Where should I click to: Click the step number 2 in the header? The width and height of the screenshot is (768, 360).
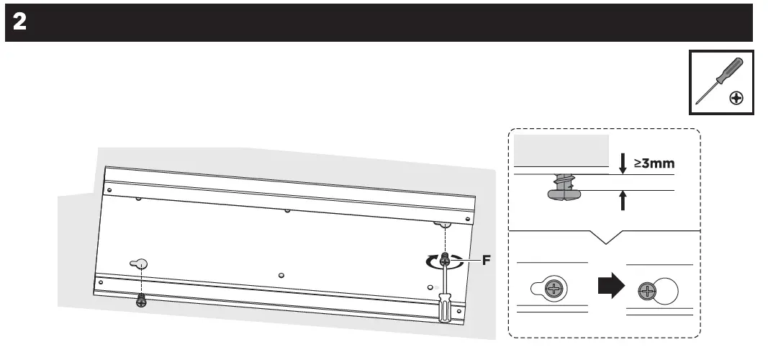(x=20, y=22)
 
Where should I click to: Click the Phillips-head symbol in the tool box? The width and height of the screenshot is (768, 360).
(x=736, y=97)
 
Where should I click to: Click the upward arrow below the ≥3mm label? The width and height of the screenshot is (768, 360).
(x=623, y=199)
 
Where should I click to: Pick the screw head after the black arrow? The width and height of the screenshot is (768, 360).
(x=649, y=292)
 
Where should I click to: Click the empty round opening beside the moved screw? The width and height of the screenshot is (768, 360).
(x=666, y=290)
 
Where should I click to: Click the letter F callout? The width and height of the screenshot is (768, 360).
(x=486, y=261)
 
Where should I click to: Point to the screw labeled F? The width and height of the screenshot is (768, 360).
(x=446, y=258)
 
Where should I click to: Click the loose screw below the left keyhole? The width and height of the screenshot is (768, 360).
(x=141, y=300)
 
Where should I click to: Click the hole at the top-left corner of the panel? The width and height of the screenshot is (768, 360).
(x=109, y=190)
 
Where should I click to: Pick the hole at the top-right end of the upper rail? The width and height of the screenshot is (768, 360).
(x=470, y=217)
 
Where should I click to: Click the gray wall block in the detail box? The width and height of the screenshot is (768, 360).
(x=561, y=150)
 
